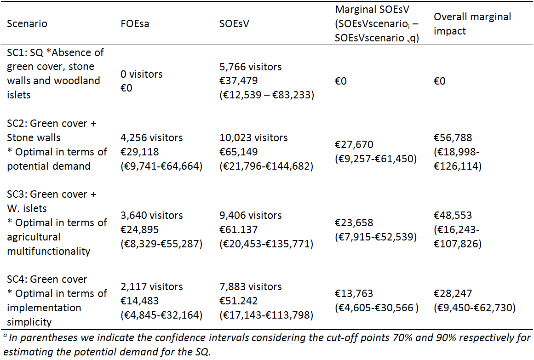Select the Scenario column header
27,23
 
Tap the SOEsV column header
234,23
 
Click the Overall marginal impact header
472,24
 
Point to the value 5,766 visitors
251,67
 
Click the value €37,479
238,81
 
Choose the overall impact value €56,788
453,137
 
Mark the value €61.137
238,229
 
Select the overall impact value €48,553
453,215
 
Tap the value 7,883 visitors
251,286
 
